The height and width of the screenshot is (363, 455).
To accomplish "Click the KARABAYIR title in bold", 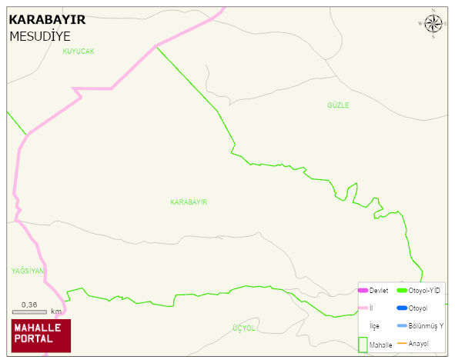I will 47,20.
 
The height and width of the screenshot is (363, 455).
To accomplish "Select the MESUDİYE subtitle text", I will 39,35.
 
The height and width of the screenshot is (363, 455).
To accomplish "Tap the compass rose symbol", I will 433,24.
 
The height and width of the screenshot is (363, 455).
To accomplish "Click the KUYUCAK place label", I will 79,51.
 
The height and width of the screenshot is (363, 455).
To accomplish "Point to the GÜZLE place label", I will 338,105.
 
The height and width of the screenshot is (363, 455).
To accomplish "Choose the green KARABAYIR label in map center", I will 189,202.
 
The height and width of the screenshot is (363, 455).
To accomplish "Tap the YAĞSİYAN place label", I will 28,271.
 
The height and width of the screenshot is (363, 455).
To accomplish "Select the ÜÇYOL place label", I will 243,328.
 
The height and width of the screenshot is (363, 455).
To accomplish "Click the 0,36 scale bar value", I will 30,304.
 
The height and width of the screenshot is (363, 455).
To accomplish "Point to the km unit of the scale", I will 56,311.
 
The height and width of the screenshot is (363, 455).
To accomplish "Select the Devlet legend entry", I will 378,290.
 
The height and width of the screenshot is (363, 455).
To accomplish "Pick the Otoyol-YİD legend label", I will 424,290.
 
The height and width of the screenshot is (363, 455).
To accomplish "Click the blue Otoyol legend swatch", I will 401,308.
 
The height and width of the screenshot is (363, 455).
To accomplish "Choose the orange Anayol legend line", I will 401,343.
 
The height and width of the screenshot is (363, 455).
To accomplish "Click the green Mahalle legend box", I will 363,345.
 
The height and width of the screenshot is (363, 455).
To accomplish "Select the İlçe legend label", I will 374,325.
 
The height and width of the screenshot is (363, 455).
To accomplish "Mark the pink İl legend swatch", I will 363,308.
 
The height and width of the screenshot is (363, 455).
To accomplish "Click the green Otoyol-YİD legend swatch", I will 401,290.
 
